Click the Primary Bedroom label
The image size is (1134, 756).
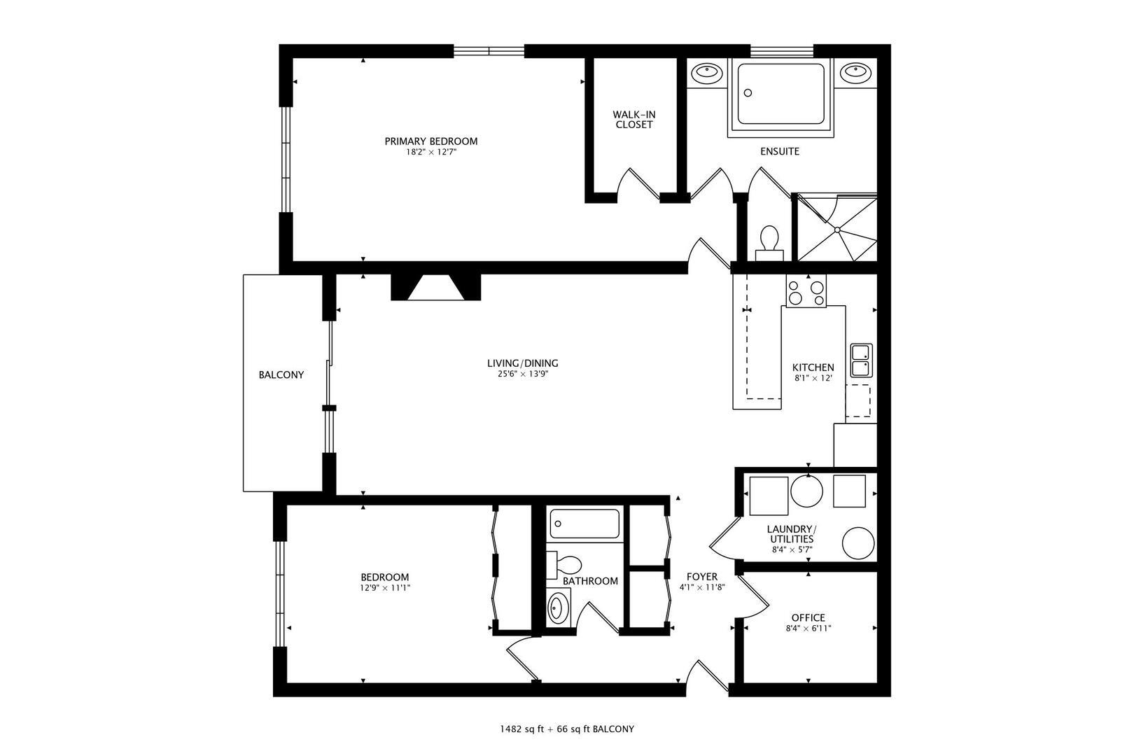[x=430, y=141]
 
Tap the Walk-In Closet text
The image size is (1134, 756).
[x=633, y=120]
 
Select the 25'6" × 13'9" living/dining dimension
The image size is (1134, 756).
[x=523, y=374]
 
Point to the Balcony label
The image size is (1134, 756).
[x=281, y=374]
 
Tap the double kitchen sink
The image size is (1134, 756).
[x=861, y=360]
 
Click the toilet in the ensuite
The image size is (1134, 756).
[x=769, y=243]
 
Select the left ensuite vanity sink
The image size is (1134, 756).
[x=707, y=73]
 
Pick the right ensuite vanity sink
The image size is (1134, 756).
[x=855, y=72]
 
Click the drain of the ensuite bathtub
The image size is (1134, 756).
[x=748, y=92]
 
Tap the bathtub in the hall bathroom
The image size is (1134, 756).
[x=584, y=524]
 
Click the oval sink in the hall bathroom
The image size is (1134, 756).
[x=558, y=608]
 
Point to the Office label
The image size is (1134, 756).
[x=808, y=618]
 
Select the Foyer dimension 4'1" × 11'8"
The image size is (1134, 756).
[x=702, y=588]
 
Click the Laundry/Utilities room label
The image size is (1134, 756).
[x=792, y=534]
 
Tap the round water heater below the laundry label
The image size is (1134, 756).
[x=858, y=543]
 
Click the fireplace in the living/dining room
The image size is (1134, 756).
[x=436, y=287]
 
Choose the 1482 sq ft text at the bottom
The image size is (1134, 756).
[x=522, y=729]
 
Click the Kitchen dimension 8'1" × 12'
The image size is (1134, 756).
[x=813, y=378]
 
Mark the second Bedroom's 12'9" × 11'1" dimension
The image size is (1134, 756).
[x=385, y=588]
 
